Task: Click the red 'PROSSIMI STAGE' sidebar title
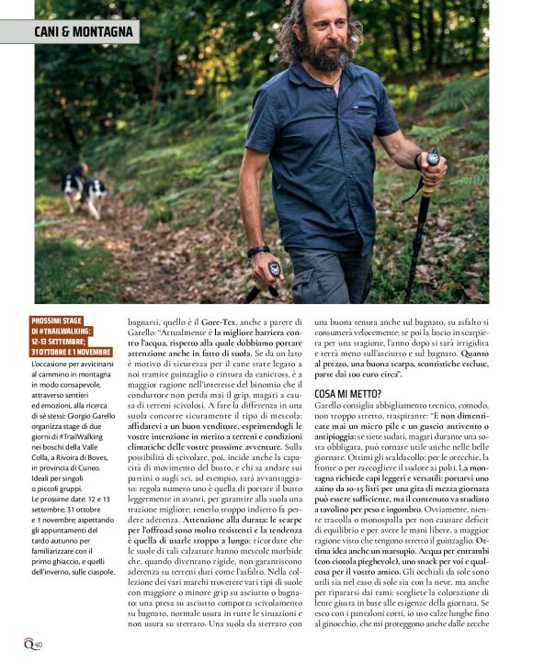point(73,335)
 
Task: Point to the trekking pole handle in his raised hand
point(432,161)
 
